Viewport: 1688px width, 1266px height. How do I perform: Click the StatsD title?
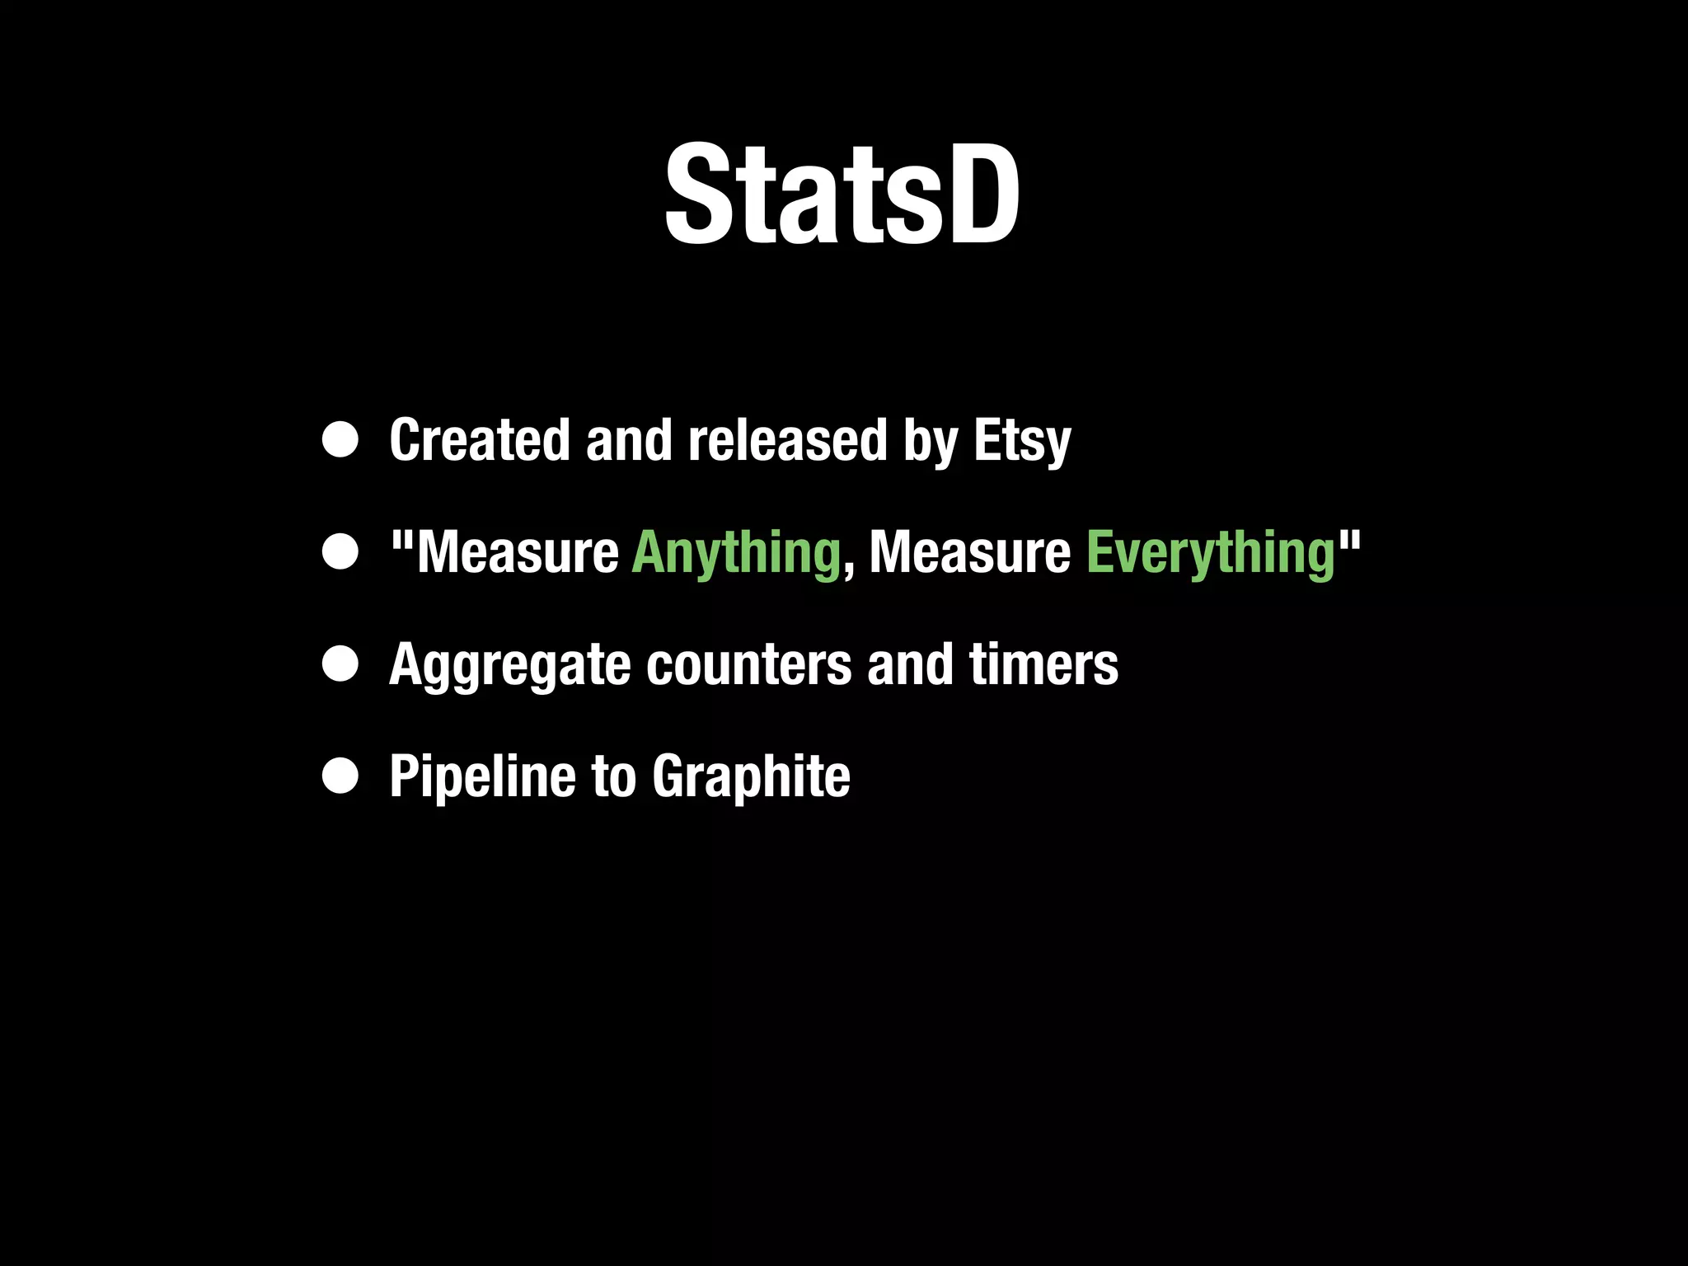tap(842, 195)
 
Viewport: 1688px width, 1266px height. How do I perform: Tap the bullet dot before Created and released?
tap(340, 440)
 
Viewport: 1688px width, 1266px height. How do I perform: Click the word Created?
tap(479, 440)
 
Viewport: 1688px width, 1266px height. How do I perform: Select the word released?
tap(787, 440)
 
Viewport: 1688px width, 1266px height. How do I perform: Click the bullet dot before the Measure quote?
tap(340, 552)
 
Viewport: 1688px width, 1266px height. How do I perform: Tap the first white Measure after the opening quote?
tap(518, 552)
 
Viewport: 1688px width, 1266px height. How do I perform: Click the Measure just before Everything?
tap(970, 552)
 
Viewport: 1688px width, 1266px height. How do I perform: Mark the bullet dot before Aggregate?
tap(340, 664)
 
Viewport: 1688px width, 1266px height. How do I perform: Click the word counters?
tap(748, 664)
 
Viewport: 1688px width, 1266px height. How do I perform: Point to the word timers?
tap(1043, 664)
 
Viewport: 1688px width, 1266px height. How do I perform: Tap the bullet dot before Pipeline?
tap(340, 776)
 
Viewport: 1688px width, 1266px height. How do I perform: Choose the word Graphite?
tap(751, 776)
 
